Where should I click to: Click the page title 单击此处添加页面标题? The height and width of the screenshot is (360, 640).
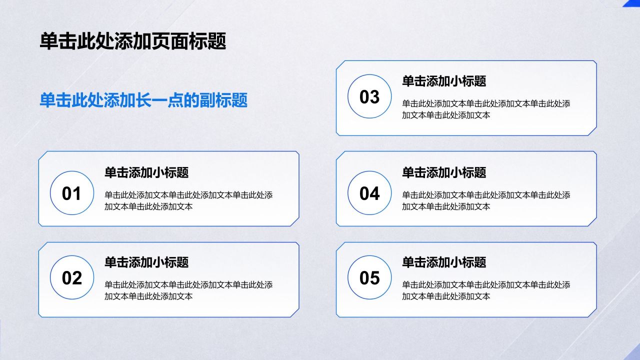(133, 41)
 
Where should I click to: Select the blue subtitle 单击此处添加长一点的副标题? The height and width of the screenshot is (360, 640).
(143, 100)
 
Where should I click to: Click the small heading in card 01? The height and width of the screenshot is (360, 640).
(146, 172)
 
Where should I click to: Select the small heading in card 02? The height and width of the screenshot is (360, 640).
(146, 262)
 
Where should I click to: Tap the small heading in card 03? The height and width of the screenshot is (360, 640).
(444, 81)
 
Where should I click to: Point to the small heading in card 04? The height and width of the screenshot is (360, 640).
(444, 172)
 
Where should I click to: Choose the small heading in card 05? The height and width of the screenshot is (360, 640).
(444, 262)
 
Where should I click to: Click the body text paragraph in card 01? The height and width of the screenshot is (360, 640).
(188, 201)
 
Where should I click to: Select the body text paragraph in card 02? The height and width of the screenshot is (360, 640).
(188, 290)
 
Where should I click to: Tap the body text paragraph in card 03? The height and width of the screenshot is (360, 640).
(486, 109)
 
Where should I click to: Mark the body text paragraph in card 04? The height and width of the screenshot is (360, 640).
(486, 201)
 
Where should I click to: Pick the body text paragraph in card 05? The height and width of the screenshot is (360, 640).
(486, 290)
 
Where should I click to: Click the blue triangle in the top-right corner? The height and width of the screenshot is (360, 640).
(633, 2)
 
